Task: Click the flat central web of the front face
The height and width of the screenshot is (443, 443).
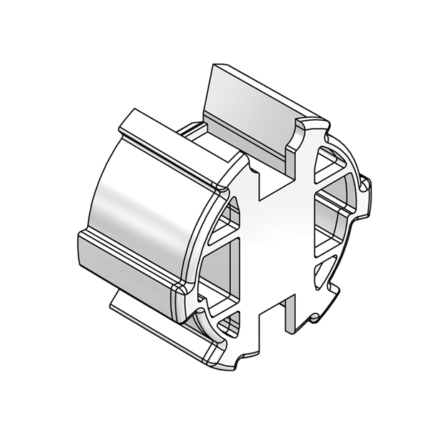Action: (x=279, y=243)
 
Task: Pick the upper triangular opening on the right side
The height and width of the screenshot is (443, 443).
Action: (x=330, y=166)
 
